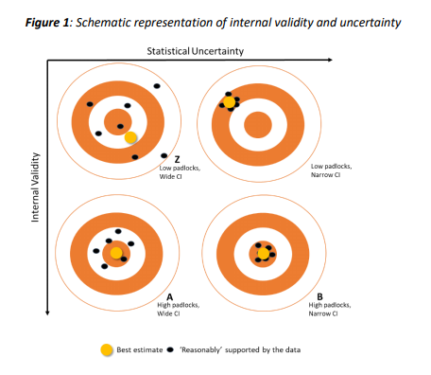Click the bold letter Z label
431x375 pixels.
[177, 159]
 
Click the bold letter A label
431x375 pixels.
[169, 295]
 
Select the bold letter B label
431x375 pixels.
[320, 295]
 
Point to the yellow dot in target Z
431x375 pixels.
[131, 137]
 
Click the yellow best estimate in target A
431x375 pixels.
[115, 253]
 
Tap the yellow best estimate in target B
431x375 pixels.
[263, 252]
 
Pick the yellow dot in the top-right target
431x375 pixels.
[230, 101]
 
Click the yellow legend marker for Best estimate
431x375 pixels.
[107, 349]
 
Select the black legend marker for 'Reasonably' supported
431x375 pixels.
[170, 349]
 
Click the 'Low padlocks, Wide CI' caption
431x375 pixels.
[178, 173]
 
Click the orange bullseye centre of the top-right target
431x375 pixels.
[259, 125]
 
